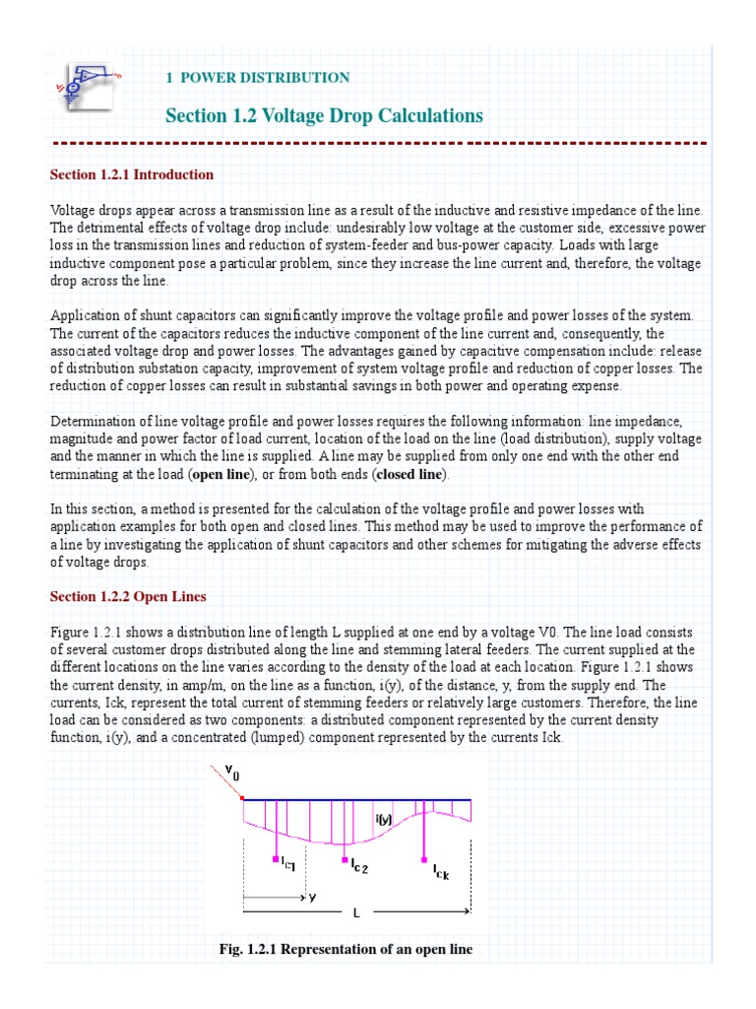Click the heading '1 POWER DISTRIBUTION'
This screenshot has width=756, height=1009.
pos(258,77)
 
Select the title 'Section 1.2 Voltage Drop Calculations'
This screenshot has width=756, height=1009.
pos(324,116)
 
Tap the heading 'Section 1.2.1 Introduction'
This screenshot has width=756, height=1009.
pos(132,174)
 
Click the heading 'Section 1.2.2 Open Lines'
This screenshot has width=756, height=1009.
pos(128,597)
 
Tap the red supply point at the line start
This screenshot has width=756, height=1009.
pos(243,798)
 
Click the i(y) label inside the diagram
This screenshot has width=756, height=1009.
pos(385,817)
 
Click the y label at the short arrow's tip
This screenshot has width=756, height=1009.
pos(312,898)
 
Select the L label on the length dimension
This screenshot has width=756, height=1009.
pos(356,913)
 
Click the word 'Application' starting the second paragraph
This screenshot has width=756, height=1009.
pos(85,314)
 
